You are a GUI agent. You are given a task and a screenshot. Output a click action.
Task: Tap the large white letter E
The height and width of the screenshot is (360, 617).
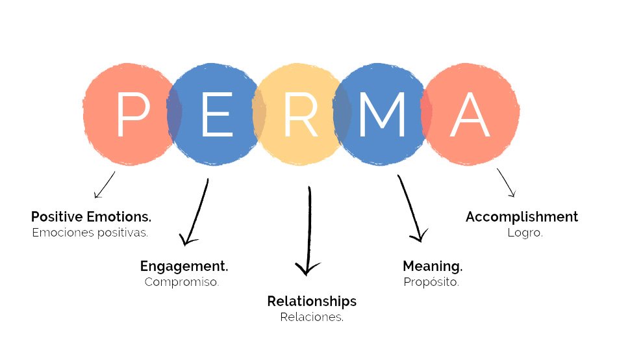pos(217,114)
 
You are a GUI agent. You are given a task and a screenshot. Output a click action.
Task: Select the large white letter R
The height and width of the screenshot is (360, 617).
pos(301,114)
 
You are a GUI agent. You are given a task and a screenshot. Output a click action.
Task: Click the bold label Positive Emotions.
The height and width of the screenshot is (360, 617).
pos(91,216)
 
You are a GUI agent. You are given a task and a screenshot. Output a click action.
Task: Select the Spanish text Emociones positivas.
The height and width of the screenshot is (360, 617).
pos(90,232)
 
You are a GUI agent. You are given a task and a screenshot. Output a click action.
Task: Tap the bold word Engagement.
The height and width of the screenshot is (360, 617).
pos(184,266)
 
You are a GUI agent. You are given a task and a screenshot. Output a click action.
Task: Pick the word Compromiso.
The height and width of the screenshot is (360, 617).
pos(182,282)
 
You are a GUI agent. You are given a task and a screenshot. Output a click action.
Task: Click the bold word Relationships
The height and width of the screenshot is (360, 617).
pos(312,302)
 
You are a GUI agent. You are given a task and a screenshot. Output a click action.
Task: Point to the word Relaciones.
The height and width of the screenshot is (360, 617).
pos(312,317)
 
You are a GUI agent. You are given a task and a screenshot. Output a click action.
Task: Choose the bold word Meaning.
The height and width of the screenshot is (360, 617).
pos(433,266)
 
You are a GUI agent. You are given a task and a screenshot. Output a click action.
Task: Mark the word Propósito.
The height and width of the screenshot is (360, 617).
pos(431,282)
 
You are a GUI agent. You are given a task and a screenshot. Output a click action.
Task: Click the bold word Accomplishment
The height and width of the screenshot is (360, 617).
pos(522,216)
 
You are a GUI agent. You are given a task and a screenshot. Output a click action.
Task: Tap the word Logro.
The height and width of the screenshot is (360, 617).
pos(525,232)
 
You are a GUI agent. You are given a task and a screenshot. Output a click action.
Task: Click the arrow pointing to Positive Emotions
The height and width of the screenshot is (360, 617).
pos(105,185)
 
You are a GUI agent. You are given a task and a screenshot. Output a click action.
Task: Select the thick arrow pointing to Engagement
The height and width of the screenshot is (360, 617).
pos(197,212)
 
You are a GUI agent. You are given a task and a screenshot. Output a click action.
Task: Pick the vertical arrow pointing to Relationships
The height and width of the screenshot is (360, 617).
pos(309,231)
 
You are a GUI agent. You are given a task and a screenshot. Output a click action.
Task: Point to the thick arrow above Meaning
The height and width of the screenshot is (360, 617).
pos(410,209)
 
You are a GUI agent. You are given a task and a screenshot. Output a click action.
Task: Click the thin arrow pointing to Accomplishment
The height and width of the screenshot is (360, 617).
pos(506,183)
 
